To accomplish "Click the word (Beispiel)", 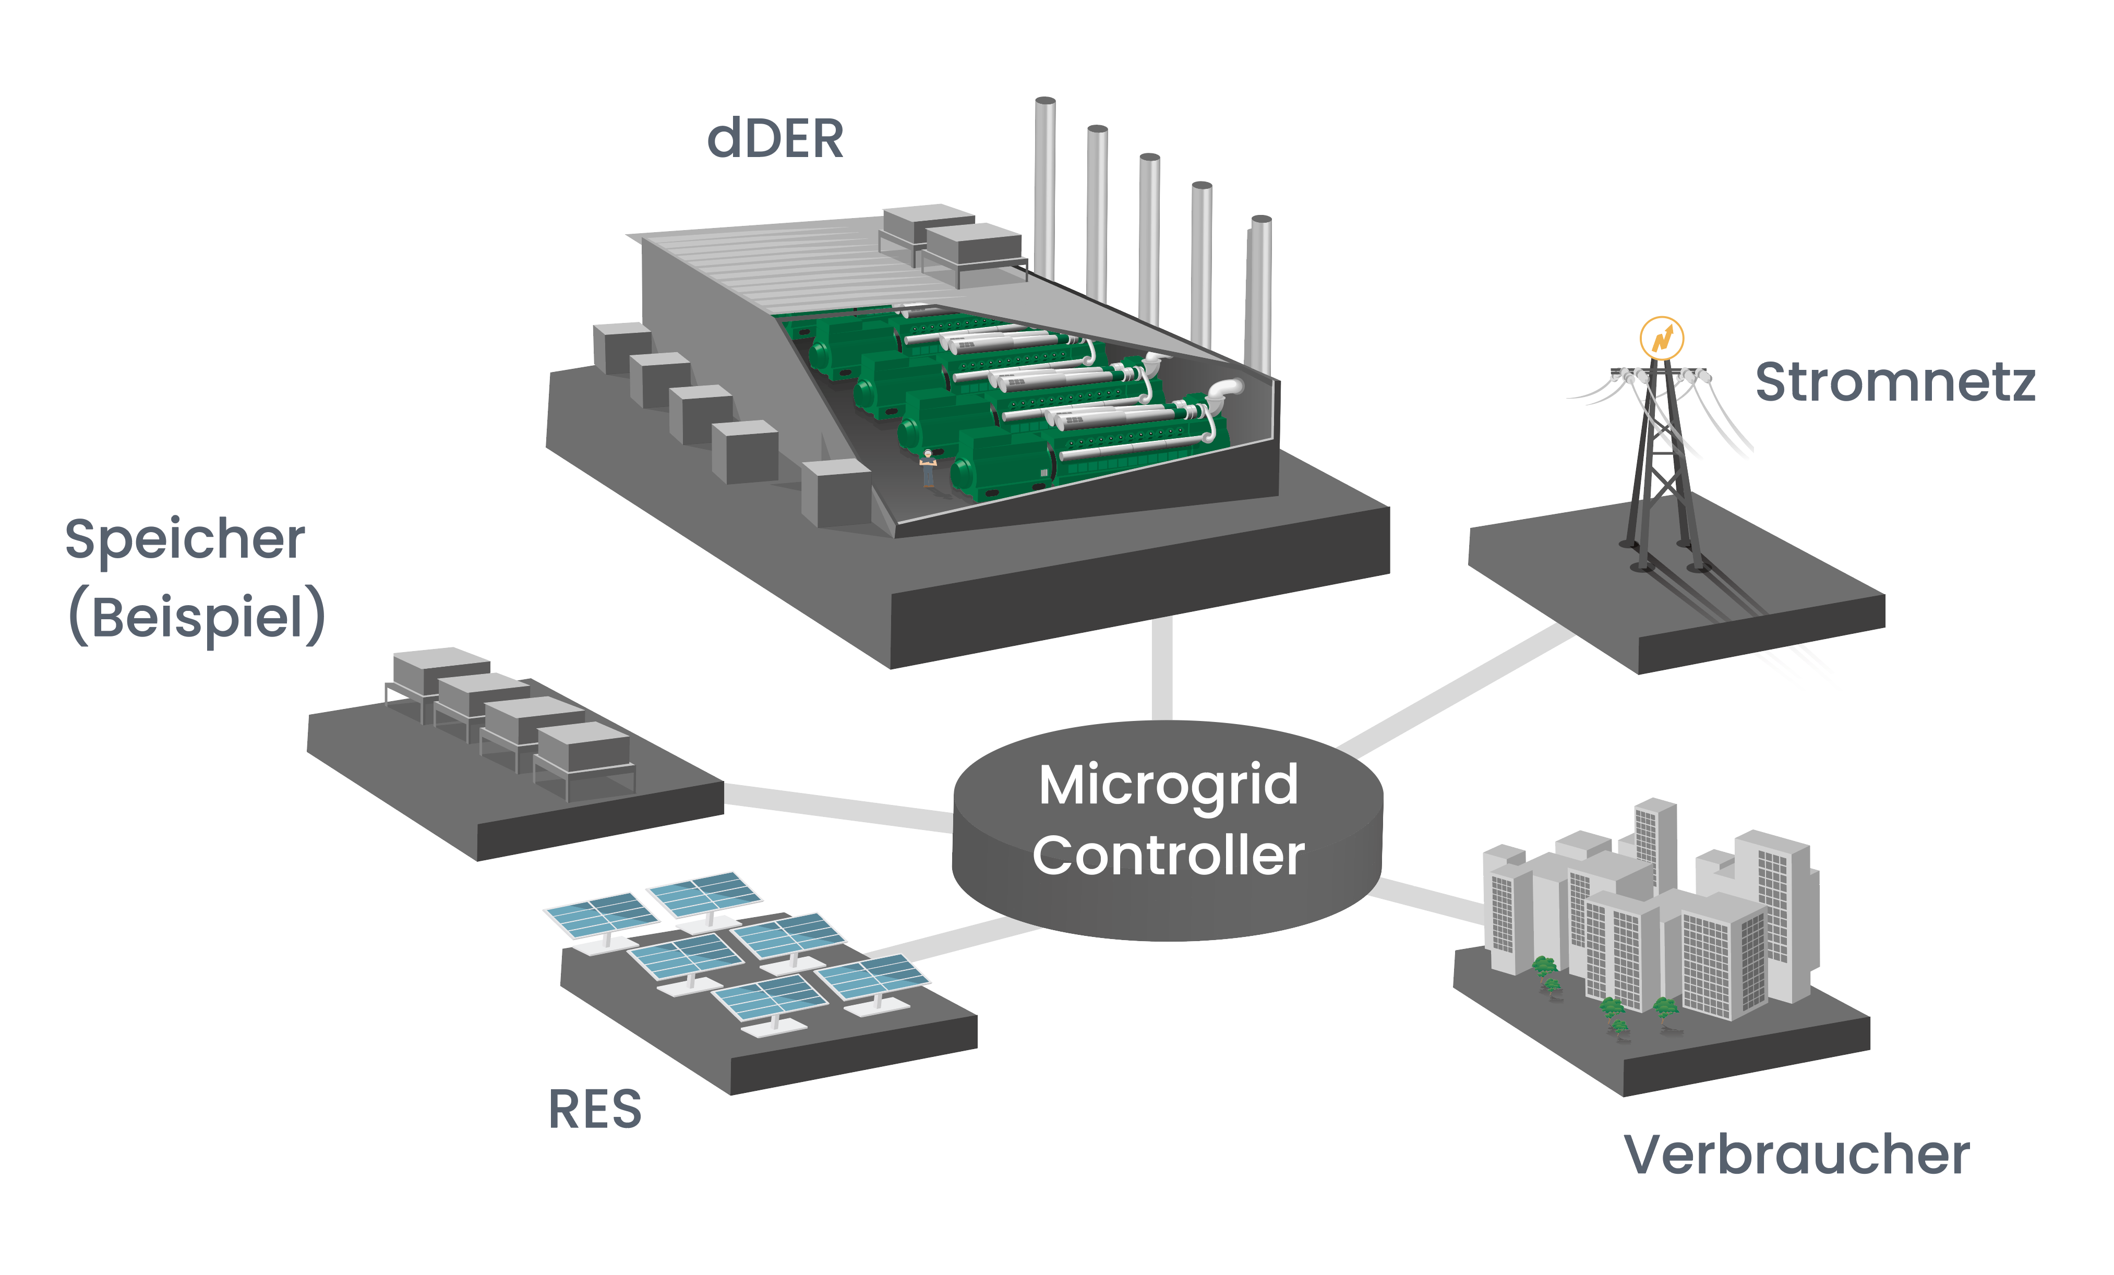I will click(x=197, y=616).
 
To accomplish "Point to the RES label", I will click(x=595, y=1110).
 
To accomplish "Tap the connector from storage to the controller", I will click(x=836, y=807).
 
